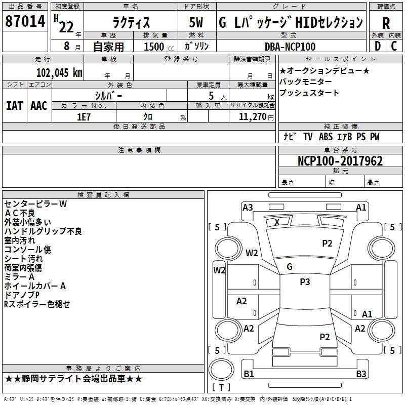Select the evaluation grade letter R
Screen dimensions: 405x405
[x=386, y=23]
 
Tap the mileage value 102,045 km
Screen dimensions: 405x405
[x=59, y=72]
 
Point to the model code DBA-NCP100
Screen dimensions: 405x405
[x=290, y=47]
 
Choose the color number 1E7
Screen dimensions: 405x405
[x=84, y=116]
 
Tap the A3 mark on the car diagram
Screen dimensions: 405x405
[x=248, y=207]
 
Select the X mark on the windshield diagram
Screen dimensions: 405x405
[x=277, y=222]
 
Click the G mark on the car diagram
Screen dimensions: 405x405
[x=290, y=267]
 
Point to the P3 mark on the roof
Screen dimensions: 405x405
[x=305, y=282]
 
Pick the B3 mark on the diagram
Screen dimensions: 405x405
[x=361, y=374]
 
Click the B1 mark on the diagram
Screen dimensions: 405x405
[x=249, y=374]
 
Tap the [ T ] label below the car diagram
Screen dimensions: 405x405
[x=221, y=387]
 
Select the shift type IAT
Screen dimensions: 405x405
[x=14, y=105]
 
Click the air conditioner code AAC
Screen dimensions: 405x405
[x=38, y=105]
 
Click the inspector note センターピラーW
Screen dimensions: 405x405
[x=35, y=204]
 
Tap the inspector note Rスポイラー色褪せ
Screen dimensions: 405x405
[x=37, y=304]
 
